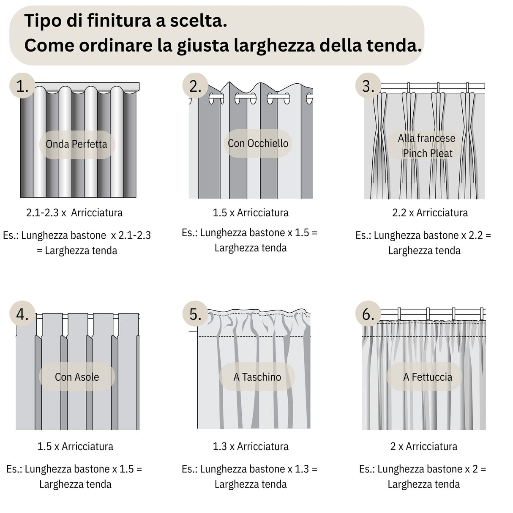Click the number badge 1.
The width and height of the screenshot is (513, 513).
[22, 86]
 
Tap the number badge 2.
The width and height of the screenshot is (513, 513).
[195, 86]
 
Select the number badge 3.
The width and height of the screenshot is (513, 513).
[368, 86]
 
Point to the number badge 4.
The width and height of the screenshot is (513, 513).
[22, 314]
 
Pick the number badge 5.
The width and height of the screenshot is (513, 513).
[195, 314]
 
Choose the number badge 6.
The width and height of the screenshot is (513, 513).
[368, 314]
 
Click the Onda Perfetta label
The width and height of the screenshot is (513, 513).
[76, 144]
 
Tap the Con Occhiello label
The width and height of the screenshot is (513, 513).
[258, 143]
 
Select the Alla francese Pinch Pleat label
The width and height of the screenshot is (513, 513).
[427, 145]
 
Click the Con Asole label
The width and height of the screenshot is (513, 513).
[77, 377]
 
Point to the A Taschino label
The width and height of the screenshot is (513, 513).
[257, 377]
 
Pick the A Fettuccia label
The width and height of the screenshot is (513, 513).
[427, 377]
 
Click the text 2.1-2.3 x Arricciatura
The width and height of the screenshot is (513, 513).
[74, 213]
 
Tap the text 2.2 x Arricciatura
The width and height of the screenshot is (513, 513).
[430, 213]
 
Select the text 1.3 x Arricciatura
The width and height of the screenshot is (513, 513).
[251, 446]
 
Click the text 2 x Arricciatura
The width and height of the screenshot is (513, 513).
[423, 446]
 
